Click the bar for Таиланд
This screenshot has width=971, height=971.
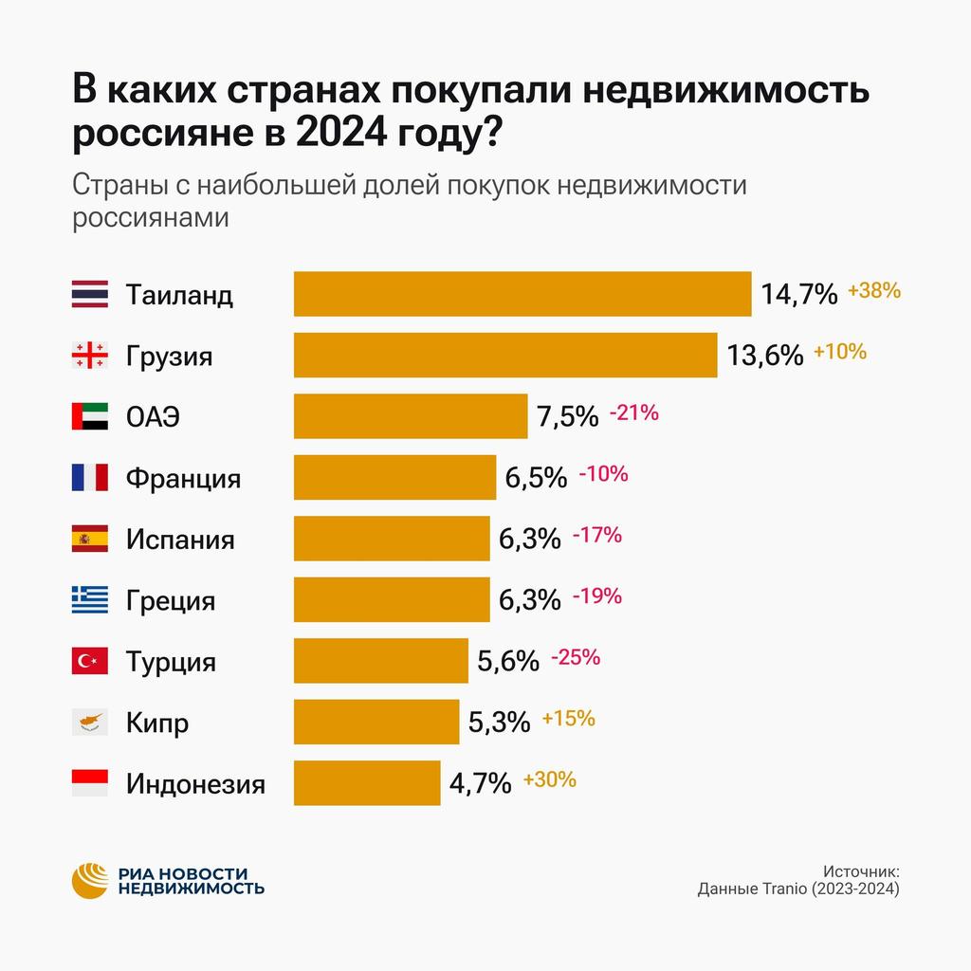(x=522, y=294)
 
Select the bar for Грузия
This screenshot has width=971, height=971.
(x=505, y=355)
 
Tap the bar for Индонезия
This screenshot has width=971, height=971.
(x=367, y=783)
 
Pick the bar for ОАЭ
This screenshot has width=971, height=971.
(x=411, y=416)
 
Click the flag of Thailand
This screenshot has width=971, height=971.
(x=90, y=294)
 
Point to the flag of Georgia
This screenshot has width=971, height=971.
(x=90, y=356)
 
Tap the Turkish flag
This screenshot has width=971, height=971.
(x=90, y=661)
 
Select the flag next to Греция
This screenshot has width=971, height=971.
(x=90, y=600)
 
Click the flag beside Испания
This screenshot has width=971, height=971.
(x=90, y=539)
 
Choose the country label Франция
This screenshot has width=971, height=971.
(x=183, y=478)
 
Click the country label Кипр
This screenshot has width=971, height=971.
(x=157, y=724)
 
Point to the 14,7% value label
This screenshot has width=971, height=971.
(x=799, y=294)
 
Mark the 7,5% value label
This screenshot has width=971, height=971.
(x=568, y=416)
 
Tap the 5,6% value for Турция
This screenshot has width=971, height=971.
(x=508, y=661)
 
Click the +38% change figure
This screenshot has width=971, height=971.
(x=873, y=290)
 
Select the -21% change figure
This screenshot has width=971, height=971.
(x=633, y=412)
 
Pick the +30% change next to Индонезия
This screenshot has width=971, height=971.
(x=549, y=779)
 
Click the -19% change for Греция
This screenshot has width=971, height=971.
(x=597, y=596)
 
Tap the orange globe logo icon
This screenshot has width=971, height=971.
(x=92, y=881)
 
